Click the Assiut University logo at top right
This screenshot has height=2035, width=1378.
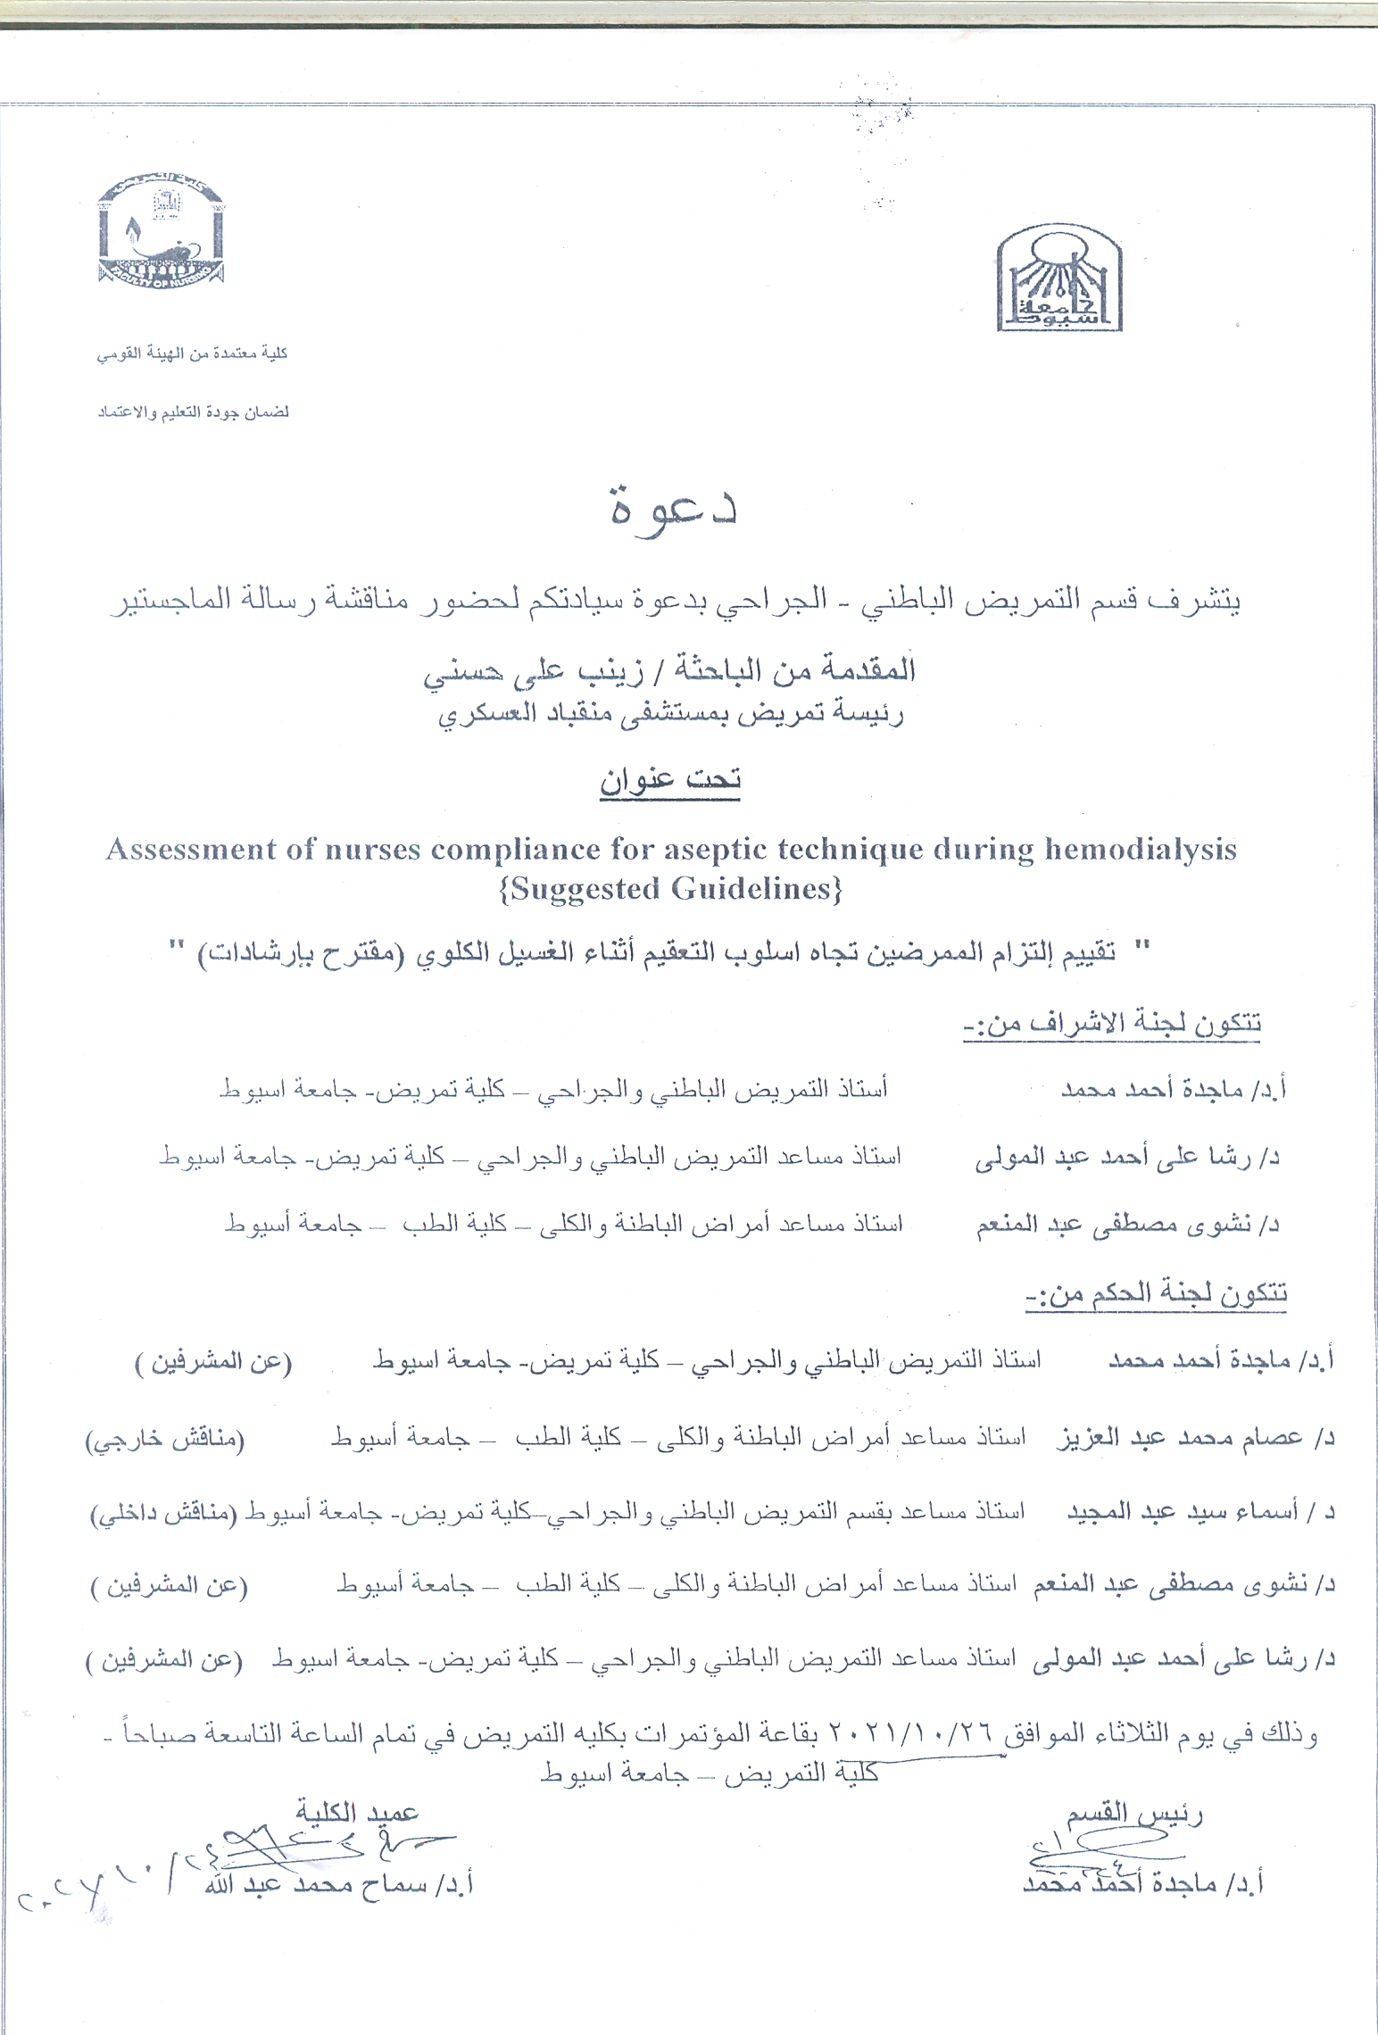(1059, 278)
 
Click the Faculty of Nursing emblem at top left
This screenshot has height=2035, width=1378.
(161, 231)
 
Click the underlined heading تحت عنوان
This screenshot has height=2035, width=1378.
(669, 780)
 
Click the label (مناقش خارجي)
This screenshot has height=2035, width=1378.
(165, 1439)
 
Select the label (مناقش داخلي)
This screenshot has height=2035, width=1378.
(164, 1514)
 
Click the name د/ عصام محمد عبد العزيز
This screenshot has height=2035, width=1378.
(1195, 1438)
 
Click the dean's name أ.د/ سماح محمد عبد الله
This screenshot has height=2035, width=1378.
(339, 1883)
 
